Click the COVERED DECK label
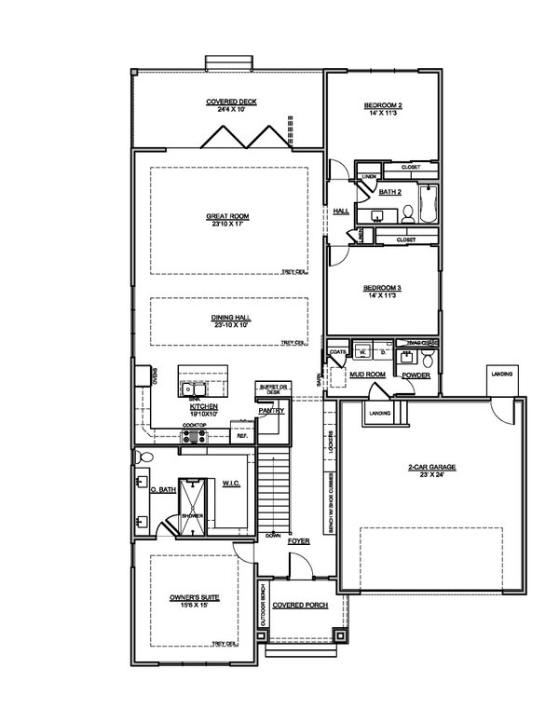pyautogui.click(x=231, y=102)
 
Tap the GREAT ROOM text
pyautogui.click(x=228, y=216)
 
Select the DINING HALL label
pyautogui.click(x=230, y=317)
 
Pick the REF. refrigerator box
pyautogui.click(x=242, y=435)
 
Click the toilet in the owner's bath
pyautogui.click(x=142, y=457)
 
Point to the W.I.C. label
pyautogui.click(x=231, y=483)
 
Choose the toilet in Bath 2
pyautogui.click(x=407, y=214)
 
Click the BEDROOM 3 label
pyautogui.click(x=382, y=290)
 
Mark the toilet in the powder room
pyautogui.click(x=428, y=359)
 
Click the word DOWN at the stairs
pyautogui.click(x=273, y=535)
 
